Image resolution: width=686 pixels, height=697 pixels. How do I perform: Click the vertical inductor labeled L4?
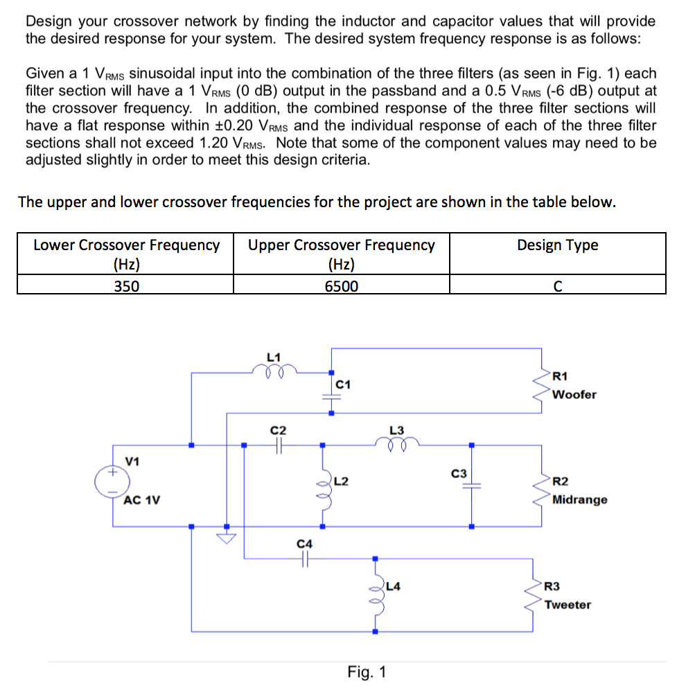click(x=376, y=594)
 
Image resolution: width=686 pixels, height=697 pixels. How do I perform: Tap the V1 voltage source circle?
click(x=113, y=480)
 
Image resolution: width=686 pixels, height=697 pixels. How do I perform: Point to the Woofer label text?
click(x=574, y=394)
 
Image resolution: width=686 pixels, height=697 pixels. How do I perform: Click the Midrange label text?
click(x=580, y=500)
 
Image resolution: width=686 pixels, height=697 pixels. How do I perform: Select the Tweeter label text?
click(x=568, y=605)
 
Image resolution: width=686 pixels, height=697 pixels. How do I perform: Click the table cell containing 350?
click(x=126, y=286)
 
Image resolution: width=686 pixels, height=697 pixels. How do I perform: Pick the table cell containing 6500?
click(x=342, y=286)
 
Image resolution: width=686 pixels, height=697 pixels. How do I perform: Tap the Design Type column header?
click(x=557, y=245)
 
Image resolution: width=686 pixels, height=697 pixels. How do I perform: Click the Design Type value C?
click(x=557, y=286)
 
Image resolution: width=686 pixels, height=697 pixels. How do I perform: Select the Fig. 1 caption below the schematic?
click(x=367, y=672)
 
